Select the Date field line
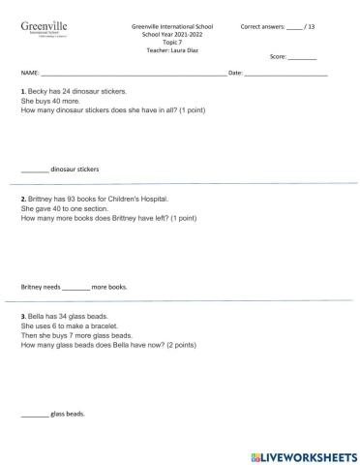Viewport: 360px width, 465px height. [285, 74]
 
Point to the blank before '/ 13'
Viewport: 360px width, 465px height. [294, 26]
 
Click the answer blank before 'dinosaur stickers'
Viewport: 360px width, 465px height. [34, 170]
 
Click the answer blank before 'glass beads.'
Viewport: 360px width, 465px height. [34, 415]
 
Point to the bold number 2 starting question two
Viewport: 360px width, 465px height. [22, 200]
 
